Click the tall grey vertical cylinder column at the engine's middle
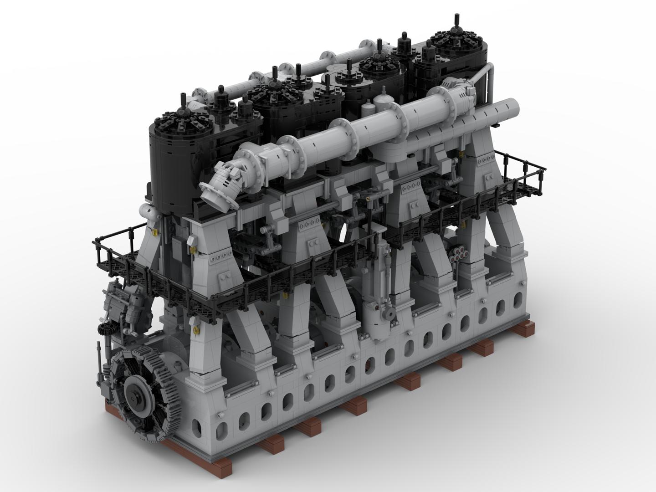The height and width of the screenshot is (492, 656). (x=379, y=292)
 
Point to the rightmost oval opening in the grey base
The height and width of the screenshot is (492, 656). (x=518, y=300)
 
